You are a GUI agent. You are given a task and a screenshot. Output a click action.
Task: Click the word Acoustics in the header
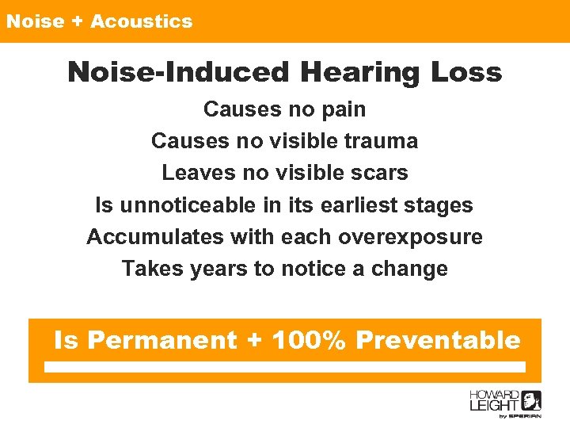tap(141, 21)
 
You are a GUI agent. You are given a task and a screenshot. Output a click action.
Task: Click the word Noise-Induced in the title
tap(178, 72)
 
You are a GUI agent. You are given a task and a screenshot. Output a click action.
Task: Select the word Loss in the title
tap(466, 72)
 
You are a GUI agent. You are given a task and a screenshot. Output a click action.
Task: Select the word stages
tap(439, 205)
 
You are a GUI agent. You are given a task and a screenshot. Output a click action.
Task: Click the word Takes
tap(153, 269)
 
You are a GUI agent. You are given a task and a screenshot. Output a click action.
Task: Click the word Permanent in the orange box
tap(162, 340)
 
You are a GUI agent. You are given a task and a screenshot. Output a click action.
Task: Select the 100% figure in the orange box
tap(308, 340)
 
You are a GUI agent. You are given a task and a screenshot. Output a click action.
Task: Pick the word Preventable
tap(438, 340)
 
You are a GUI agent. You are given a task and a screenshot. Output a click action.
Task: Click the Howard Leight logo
tap(505, 404)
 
